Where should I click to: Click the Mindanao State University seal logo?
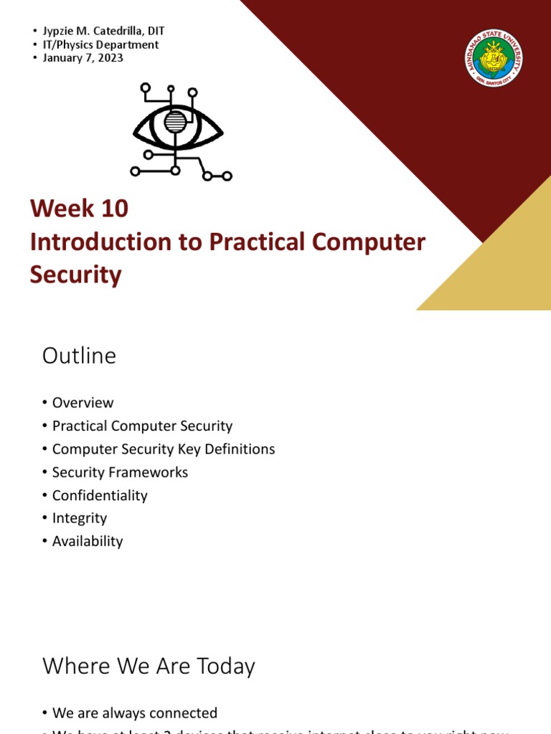[x=494, y=58]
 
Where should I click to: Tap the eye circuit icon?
[x=178, y=132]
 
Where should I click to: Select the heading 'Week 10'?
[x=79, y=209]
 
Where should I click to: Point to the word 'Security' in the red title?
[x=75, y=275]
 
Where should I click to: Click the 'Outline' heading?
[x=79, y=356]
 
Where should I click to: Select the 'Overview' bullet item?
[x=83, y=403]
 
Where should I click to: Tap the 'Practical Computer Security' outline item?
[x=142, y=426]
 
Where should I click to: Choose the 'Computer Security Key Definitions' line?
[x=164, y=449]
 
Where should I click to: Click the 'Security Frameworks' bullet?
[x=120, y=472]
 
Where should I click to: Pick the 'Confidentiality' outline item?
[x=100, y=495]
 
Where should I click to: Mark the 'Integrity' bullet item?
[x=79, y=518]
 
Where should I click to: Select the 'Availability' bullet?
[x=88, y=541]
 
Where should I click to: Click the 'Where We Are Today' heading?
[x=149, y=667]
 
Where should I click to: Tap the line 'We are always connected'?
[x=134, y=713]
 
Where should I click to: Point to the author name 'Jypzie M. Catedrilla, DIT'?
[x=108, y=31]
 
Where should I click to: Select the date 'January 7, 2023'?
[x=88, y=58]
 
